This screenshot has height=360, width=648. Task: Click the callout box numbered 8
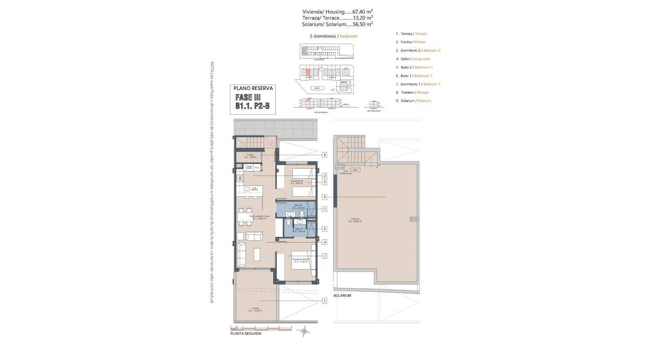pyautogui.click(x=324, y=155)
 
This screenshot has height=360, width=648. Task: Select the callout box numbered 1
pyautogui.click(x=324, y=301)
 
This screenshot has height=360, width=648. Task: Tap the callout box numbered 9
pyautogui.click(x=324, y=197)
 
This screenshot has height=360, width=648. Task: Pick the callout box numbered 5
pyautogui.click(x=324, y=209)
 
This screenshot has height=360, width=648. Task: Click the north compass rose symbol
pyautogui.click(x=305, y=332)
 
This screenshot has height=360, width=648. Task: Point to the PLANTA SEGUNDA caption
pyautogui.click(x=246, y=333)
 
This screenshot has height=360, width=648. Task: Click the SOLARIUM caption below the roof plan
pyautogui.click(x=342, y=296)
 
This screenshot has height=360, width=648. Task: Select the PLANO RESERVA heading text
pyautogui.click(x=253, y=89)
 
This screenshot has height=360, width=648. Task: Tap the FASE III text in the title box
pyautogui.click(x=248, y=98)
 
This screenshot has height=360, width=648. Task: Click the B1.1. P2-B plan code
pyautogui.click(x=254, y=106)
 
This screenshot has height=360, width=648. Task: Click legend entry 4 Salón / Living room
pyautogui.click(x=413, y=59)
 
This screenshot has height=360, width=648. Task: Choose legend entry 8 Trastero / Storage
pyautogui.click(x=412, y=92)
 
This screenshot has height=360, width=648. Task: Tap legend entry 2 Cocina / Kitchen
pyautogui.click(x=410, y=42)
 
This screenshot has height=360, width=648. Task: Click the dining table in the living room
pyautogui.click(x=245, y=216)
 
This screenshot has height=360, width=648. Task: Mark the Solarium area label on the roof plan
pyautogui.click(x=355, y=221)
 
